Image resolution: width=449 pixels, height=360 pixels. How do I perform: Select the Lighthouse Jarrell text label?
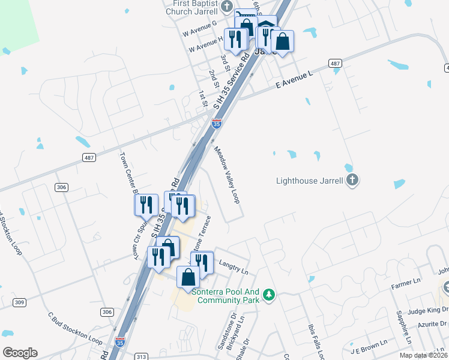309,180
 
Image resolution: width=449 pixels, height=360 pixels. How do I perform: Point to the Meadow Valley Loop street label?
227,175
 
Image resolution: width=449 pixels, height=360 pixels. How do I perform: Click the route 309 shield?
19,302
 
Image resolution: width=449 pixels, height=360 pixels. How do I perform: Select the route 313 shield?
142,356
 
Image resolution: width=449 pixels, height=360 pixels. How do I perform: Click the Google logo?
20,353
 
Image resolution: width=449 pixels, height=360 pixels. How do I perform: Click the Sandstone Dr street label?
233,325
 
